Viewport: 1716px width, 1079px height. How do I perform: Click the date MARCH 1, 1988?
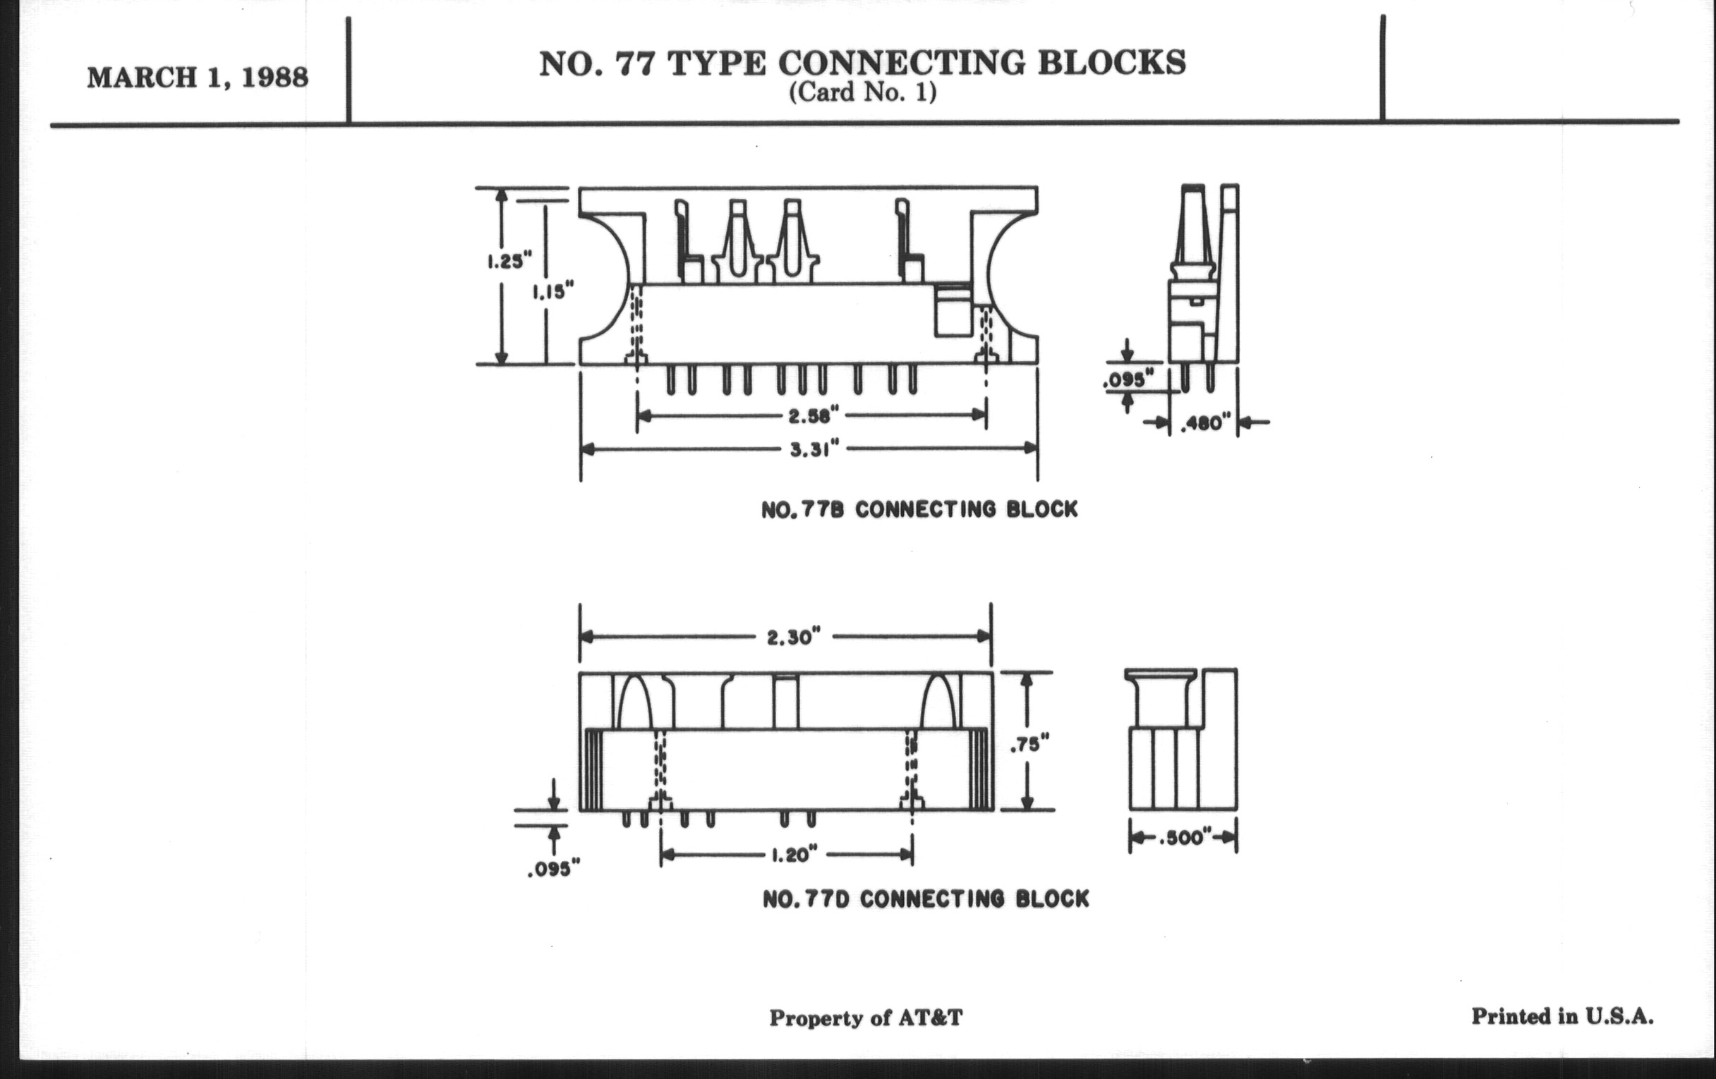click(198, 78)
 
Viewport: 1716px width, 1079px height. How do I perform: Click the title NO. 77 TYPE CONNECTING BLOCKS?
click(862, 63)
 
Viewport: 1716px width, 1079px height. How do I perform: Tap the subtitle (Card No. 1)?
click(862, 93)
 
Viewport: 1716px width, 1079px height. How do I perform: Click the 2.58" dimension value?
click(813, 415)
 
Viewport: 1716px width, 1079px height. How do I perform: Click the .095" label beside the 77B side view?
click(1128, 379)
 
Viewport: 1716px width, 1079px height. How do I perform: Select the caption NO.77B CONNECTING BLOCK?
click(919, 510)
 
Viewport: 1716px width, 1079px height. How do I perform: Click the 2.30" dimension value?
click(789, 638)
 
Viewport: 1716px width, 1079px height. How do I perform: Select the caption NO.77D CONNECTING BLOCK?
click(926, 898)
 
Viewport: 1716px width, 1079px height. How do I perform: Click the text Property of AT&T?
click(865, 1018)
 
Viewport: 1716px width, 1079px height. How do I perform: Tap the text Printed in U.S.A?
click(1562, 1016)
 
